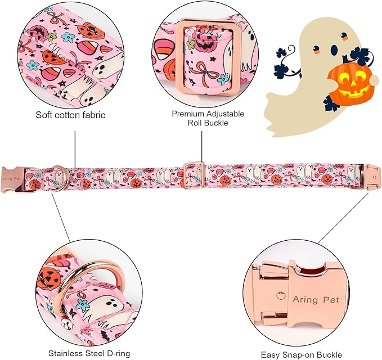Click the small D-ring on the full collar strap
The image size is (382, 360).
tap(59, 171)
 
